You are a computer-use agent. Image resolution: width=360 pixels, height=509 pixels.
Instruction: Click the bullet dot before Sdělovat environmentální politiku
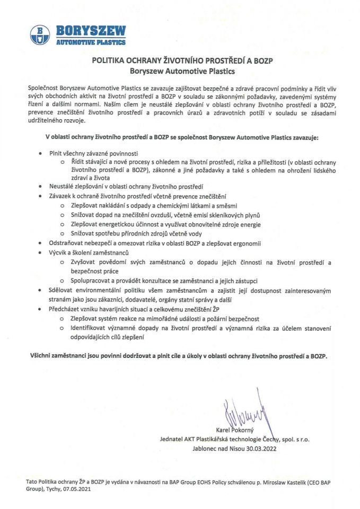click(42, 291)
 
